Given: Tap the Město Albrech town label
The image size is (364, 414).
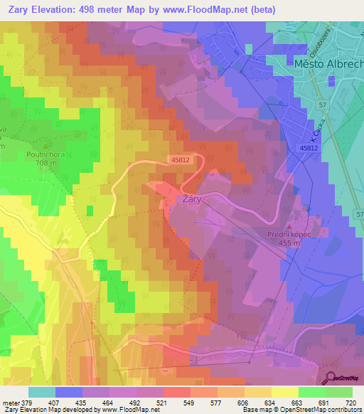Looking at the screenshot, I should pos(328,63).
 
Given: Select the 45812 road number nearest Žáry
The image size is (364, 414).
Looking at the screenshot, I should pos(181,161).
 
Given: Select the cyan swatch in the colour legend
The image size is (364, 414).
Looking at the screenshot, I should pos(42,392).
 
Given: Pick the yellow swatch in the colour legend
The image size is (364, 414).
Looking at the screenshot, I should pos(284,392).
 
